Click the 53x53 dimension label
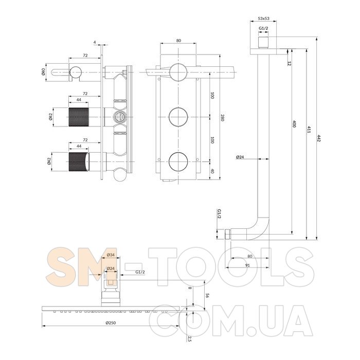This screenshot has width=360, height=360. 263,19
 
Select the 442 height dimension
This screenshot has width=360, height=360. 318,138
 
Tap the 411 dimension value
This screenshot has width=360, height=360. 309,130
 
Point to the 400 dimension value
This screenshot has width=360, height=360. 295,124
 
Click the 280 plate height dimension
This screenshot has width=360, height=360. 222,118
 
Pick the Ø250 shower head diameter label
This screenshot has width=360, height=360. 111,323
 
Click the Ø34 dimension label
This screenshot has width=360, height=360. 111,255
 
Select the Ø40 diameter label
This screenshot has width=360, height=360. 43,72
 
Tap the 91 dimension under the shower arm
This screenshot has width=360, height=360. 247,265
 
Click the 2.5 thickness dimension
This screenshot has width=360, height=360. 189,338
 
